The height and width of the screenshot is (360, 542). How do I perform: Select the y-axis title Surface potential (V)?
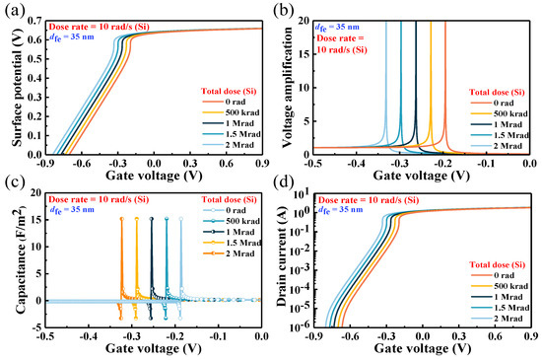[x=9, y=89]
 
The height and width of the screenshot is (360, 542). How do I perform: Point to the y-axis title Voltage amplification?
[x=282, y=89]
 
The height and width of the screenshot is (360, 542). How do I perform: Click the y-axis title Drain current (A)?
[x=282, y=266]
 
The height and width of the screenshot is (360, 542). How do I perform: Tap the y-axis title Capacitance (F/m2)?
[x=9, y=266]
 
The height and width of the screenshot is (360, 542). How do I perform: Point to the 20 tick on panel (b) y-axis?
[x=310, y=21]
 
